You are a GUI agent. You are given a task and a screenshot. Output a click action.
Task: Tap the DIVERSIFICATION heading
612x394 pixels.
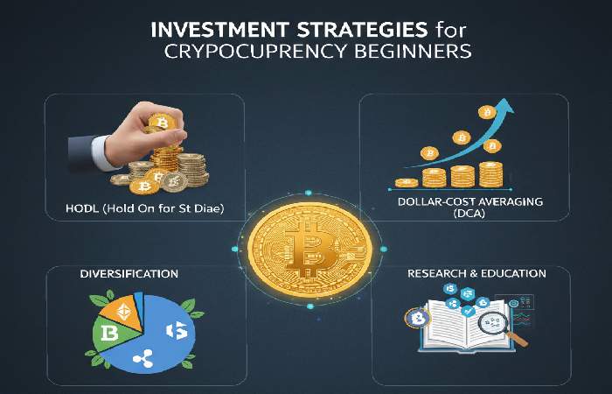[129, 274]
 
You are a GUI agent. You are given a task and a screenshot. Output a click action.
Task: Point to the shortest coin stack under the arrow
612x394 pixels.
[407, 182]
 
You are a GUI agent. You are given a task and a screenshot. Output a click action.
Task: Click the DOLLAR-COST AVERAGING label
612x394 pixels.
[469, 202]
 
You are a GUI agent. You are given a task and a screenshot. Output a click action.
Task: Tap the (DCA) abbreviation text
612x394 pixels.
[469, 216]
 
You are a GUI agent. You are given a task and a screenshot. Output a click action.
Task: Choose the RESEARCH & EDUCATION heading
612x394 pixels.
[476, 274]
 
